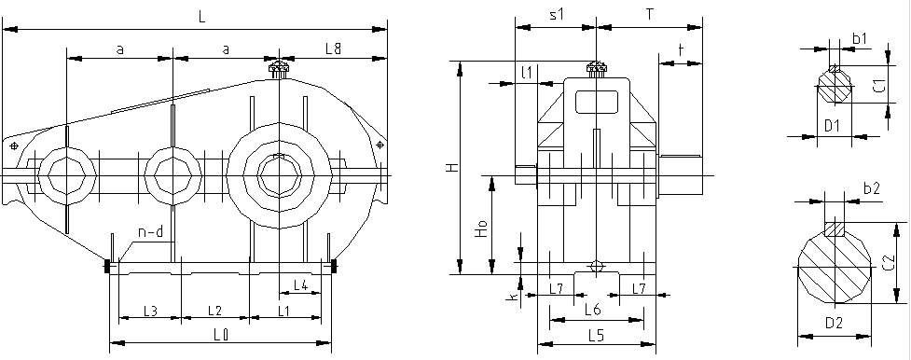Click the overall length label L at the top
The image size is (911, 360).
click(x=201, y=17)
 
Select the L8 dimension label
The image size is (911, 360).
click(x=333, y=48)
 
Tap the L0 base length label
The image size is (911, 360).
click(x=221, y=334)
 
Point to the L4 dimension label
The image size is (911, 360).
click(x=300, y=284)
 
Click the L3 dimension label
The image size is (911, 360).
click(x=150, y=311)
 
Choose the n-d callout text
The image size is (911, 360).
click(x=150, y=232)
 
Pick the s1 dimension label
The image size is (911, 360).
click(x=557, y=16)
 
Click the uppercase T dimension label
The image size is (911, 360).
click(x=650, y=16)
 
